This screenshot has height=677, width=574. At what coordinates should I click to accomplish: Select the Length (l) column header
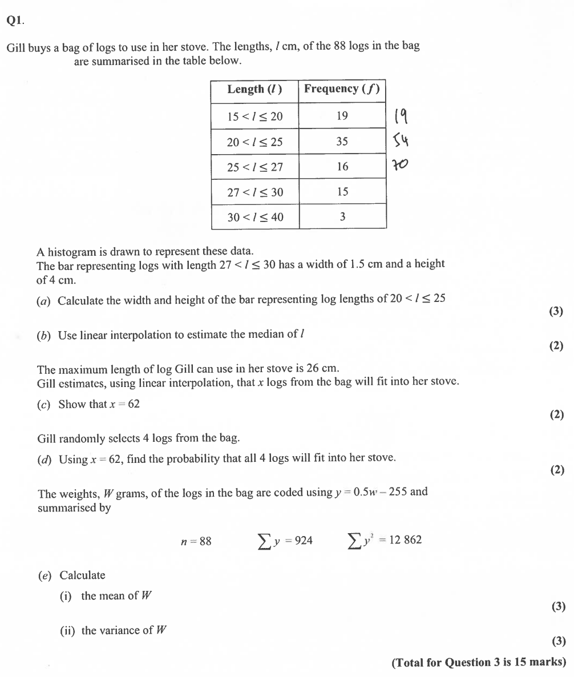254,90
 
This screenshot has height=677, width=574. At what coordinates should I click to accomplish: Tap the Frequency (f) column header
342,89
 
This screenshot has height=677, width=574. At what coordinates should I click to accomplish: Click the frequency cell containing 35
342,142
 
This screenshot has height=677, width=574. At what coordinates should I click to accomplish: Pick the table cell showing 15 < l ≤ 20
254,116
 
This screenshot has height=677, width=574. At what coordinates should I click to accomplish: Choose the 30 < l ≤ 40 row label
254,217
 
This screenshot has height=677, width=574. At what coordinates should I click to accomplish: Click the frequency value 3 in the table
342,216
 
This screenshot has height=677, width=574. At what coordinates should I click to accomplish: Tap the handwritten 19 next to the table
400,116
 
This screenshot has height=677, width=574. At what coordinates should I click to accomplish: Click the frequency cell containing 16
342,167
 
